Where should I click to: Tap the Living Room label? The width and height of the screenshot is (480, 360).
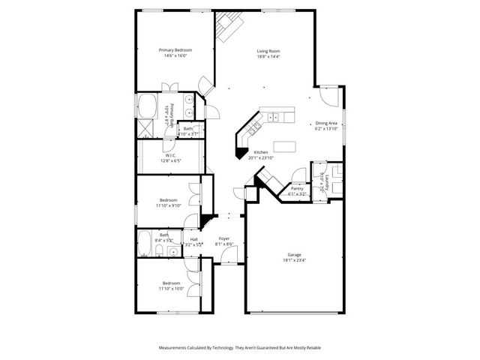[x=268, y=51]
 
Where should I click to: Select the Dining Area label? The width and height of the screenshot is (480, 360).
[x=326, y=123]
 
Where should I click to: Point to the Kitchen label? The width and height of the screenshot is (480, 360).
[x=261, y=152]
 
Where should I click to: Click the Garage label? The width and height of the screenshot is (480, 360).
[x=295, y=255]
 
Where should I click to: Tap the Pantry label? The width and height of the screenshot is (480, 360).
[x=298, y=188]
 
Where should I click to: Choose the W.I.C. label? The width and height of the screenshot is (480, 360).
[x=170, y=155]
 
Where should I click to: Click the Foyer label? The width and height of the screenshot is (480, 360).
[x=224, y=238]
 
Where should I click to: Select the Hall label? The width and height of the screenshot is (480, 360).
[x=193, y=239]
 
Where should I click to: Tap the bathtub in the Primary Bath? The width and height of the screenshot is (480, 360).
[x=145, y=106]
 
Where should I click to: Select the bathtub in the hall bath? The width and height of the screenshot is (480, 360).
[x=145, y=244]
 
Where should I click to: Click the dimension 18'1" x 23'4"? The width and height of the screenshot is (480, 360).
[x=294, y=261]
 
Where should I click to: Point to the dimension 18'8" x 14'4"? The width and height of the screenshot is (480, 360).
[x=268, y=56]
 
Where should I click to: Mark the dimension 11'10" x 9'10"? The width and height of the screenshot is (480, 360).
[x=168, y=205]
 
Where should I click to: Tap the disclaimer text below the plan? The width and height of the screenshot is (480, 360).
[x=240, y=348]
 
